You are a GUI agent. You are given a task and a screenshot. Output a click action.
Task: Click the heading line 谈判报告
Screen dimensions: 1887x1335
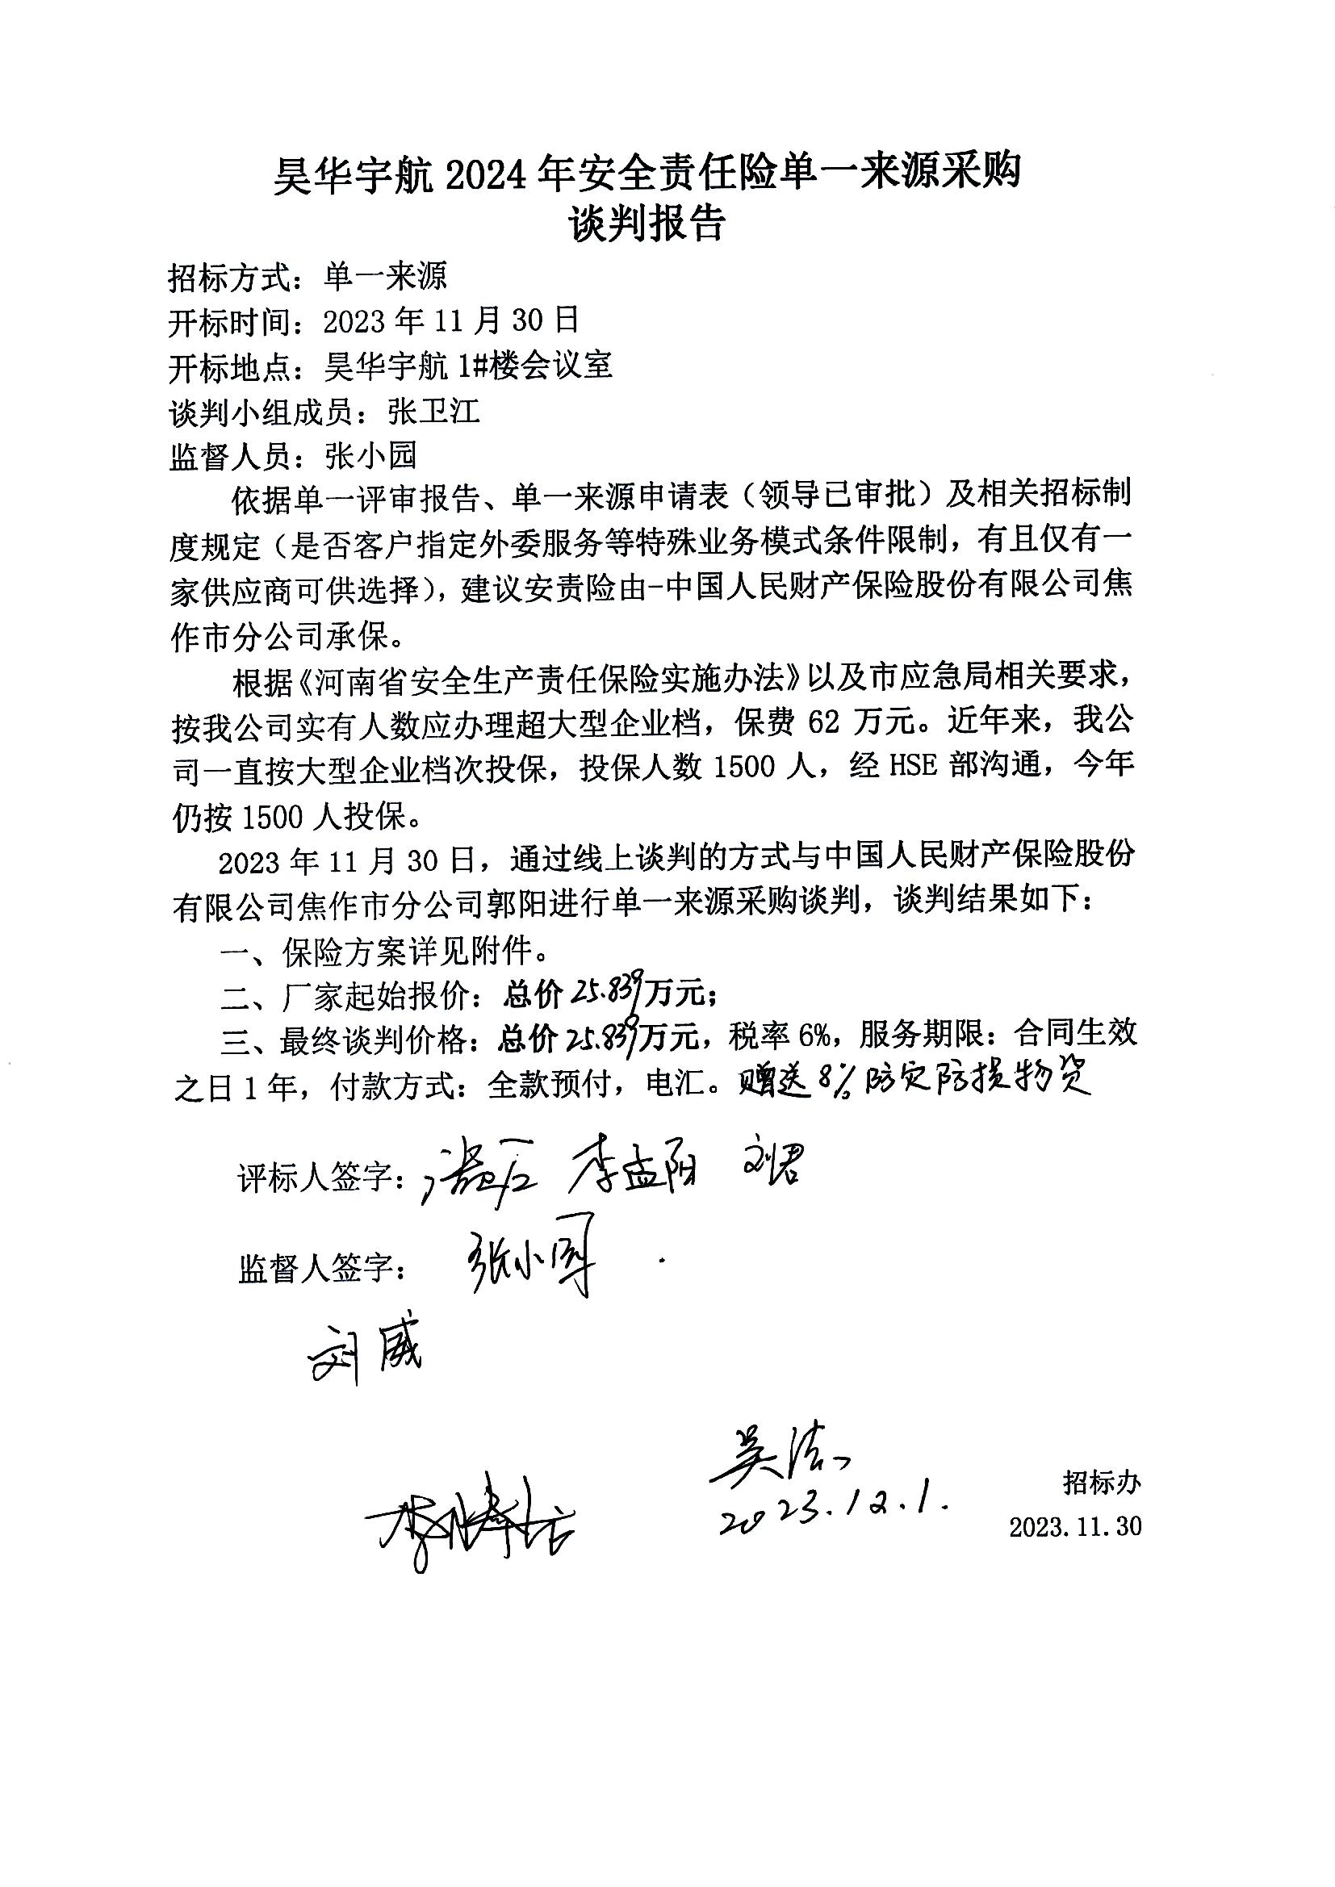point(648,224)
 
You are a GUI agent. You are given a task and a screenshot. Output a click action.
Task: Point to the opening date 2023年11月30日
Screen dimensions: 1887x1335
point(451,321)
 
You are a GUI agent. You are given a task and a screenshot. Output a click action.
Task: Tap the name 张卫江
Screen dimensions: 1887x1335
point(434,411)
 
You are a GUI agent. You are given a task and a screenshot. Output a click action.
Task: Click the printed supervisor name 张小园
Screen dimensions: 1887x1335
point(371,455)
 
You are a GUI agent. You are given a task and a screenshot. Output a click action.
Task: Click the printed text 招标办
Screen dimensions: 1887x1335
point(1102,1483)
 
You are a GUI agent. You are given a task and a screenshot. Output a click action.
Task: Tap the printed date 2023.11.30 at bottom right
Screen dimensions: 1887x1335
point(1075,1526)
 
